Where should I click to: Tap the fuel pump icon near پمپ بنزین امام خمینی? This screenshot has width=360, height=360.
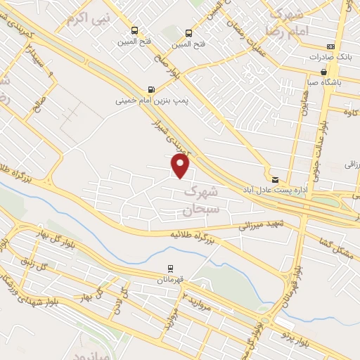(x=150, y=89)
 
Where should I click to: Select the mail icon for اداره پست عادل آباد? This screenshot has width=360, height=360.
(x=275, y=180)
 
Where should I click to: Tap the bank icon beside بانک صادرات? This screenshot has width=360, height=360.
(x=330, y=46)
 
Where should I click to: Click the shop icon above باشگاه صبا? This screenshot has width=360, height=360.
(x=323, y=71)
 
